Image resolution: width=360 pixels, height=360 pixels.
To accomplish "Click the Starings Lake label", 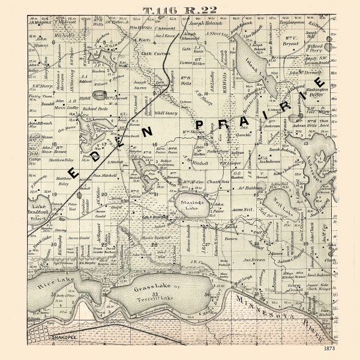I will (193, 206).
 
